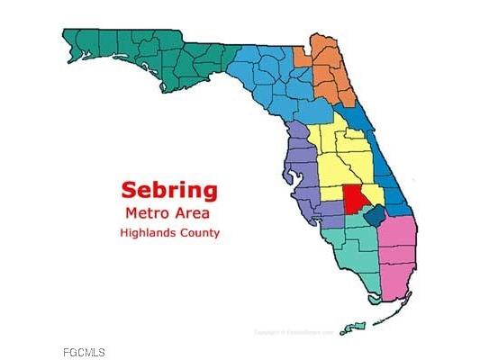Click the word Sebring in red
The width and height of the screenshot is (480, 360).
(x=168, y=190)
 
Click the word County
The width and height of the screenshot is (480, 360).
(x=201, y=233)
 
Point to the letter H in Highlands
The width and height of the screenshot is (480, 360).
(x=123, y=233)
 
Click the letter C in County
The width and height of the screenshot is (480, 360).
(x=186, y=233)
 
